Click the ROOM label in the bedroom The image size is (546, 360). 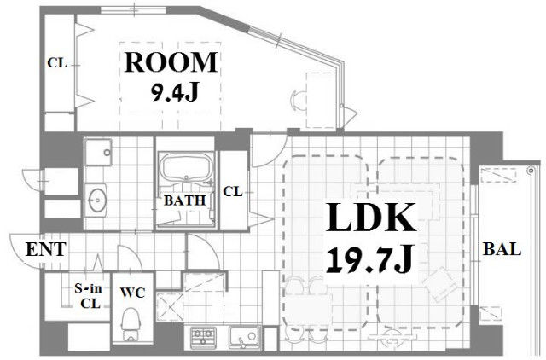click(x=171, y=62)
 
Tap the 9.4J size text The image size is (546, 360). click(x=175, y=93)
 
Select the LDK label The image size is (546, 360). click(x=371, y=218)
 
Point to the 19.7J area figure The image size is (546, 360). click(x=370, y=259)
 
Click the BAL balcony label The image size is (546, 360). click(x=502, y=249)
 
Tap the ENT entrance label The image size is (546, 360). click(x=45, y=249)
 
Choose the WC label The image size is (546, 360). click(x=133, y=293)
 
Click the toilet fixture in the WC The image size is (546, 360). click(x=131, y=323)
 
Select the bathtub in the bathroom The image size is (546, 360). click(x=186, y=167)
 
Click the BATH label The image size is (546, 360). click(x=184, y=200)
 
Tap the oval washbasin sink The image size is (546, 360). click(x=97, y=200)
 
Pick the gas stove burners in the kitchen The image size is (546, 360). click(x=203, y=336)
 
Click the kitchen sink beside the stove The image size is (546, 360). click(x=245, y=337)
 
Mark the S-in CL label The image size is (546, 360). click(x=89, y=296)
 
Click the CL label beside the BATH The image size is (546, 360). click(x=233, y=191)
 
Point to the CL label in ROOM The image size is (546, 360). click(x=57, y=63)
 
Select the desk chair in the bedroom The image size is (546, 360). click(x=297, y=99)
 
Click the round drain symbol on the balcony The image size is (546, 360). click(x=531, y=171)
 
